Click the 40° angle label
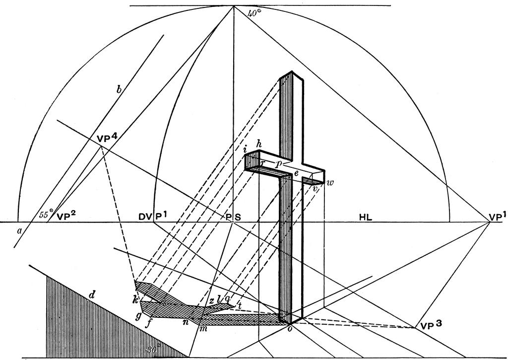click(x=254, y=14)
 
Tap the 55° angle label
click(x=46, y=215)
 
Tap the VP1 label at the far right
click(x=498, y=216)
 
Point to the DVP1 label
click(x=153, y=216)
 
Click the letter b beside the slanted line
click(x=118, y=90)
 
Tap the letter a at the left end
click(x=20, y=230)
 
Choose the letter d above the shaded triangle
click(x=92, y=296)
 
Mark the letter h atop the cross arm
click(x=258, y=144)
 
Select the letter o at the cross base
click(x=290, y=329)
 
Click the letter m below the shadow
click(x=201, y=329)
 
